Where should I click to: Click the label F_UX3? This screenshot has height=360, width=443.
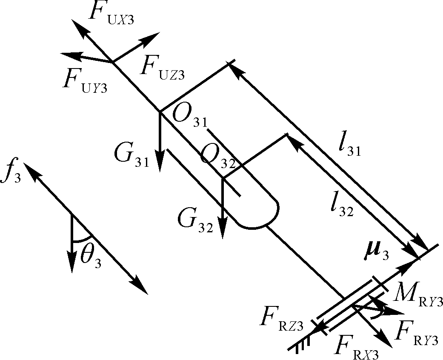pyautogui.click(x=111, y=13)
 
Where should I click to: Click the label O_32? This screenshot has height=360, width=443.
pyautogui.click(x=217, y=157)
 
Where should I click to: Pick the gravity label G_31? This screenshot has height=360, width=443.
pyautogui.click(x=131, y=156)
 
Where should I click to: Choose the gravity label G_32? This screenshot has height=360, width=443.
pyautogui.click(x=195, y=221)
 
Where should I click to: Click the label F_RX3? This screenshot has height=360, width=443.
pyautogui.click(x=356, y=348)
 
